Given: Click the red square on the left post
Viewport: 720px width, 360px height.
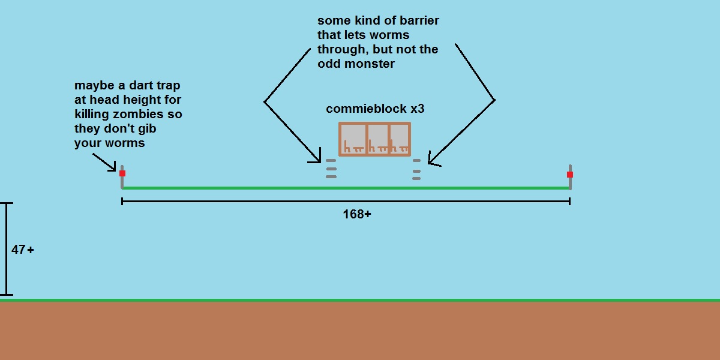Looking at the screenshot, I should [122, 173].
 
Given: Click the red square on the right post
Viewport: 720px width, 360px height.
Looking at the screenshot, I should [570, 175].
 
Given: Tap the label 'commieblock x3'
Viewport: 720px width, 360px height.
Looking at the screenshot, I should [375, 109].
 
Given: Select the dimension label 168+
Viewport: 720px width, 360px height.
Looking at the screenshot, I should [357, 214].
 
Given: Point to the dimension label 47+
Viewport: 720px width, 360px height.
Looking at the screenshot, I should [23, 250].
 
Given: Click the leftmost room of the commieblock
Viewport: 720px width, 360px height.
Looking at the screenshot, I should [353, 139].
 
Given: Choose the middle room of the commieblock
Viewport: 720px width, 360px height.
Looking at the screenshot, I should [378, 139].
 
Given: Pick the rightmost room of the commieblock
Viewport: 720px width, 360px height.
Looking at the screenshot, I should [400, 139].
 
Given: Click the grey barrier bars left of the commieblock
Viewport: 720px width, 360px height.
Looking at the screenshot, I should [331, 169].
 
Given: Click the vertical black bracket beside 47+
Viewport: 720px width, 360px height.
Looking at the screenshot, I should [7, 249].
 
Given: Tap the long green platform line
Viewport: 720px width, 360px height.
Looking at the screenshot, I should [346, 188].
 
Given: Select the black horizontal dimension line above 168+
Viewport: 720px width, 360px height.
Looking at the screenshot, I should [346, 202].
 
